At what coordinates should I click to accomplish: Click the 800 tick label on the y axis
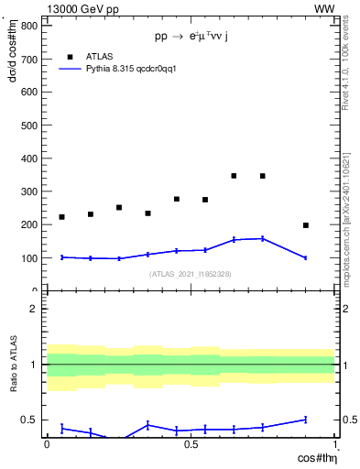point(29,26)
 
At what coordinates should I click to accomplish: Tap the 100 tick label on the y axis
point(29,258)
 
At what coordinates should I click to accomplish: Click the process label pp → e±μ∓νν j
point(191,37)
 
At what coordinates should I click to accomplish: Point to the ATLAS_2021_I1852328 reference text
point(191,274)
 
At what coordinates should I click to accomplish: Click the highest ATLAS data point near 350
point(235,176)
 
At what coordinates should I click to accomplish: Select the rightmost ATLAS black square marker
point(306,225)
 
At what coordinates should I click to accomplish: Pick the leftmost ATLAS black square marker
point(61,217)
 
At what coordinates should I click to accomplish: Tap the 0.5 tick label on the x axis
point(191,444)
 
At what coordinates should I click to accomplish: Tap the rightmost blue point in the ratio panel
point(306,420)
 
